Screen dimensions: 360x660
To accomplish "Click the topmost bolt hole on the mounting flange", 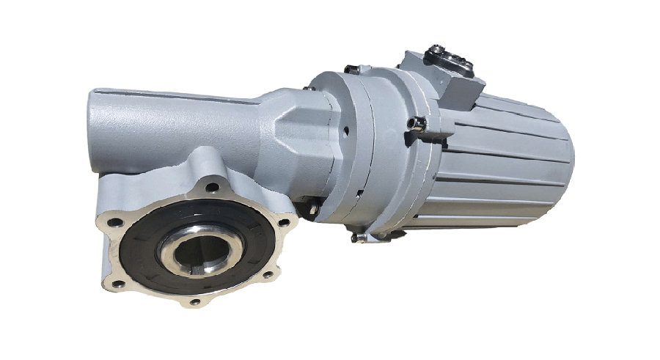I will pos(212,188).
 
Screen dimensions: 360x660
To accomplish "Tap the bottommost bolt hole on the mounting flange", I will pos(194,301).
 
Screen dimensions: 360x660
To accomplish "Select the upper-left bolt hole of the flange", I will pos(114,223).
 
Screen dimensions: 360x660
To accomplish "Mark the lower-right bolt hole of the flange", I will pos(267,275).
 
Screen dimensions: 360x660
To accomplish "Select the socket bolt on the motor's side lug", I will pos(419,125).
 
